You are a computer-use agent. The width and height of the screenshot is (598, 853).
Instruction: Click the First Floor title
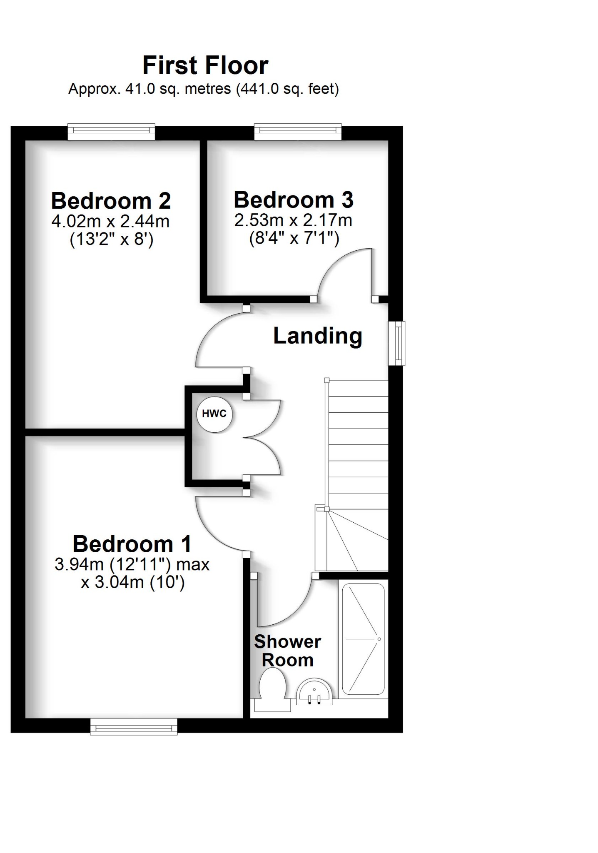205,65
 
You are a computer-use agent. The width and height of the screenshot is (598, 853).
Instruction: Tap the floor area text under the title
203,89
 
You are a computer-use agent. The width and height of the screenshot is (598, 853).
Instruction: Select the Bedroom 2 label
111,201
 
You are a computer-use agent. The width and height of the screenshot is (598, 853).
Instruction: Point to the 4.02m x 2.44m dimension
110,221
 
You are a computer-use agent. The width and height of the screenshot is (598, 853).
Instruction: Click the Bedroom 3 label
294,200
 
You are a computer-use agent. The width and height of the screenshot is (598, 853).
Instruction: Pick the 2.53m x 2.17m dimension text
293,220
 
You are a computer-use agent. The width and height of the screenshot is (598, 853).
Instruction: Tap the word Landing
317,336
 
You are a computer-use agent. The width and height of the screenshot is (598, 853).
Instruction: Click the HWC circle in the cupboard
214,414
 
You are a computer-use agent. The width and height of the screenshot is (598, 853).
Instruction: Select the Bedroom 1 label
132,544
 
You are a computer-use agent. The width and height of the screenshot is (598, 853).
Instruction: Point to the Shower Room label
287,651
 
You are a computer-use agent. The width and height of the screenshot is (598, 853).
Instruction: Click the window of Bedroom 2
111,131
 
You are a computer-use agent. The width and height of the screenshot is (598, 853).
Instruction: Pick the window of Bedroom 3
298,131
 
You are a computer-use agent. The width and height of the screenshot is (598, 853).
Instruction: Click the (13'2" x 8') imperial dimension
112,239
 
